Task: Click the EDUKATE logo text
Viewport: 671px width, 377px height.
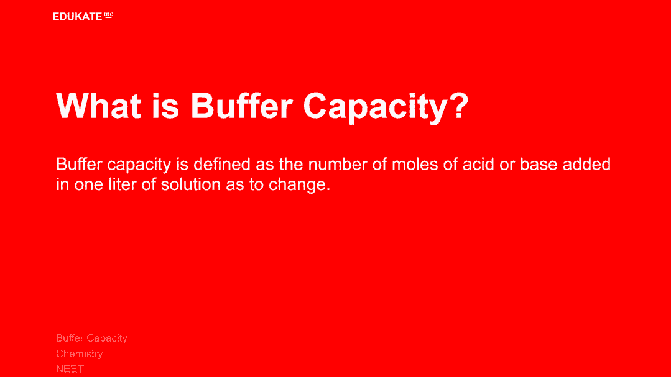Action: click(78, 17)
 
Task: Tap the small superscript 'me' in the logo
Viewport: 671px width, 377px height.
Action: click(108, 15)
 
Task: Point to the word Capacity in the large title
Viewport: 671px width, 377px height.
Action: click(375, 107)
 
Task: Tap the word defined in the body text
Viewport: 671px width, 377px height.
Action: click(222, 164)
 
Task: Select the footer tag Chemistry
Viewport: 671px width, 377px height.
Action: click(79, 353)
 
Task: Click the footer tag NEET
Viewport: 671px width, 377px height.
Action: click(70, 369)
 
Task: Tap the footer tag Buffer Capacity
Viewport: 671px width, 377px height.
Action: click(91, 338)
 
